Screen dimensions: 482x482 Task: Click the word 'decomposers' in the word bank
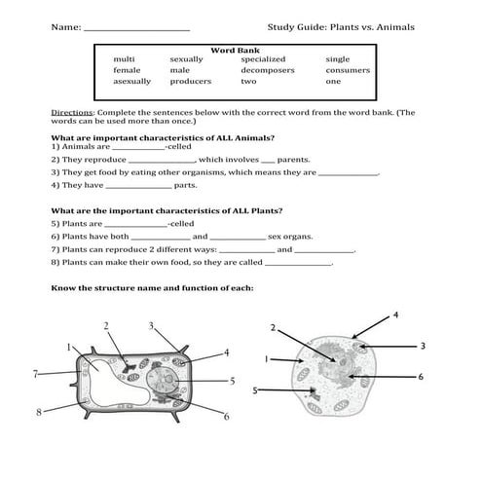click(266, 70)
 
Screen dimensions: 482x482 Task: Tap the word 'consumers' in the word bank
click(348, 70)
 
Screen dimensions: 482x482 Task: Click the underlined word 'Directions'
click(72, 113)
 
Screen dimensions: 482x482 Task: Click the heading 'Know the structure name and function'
click(151, 288)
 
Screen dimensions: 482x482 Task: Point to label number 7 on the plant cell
click(35, 373)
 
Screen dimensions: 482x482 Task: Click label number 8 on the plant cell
click(39, 412)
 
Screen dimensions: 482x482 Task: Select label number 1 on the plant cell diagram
click(69, 346)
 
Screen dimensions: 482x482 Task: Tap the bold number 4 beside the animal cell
click(394, 315)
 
